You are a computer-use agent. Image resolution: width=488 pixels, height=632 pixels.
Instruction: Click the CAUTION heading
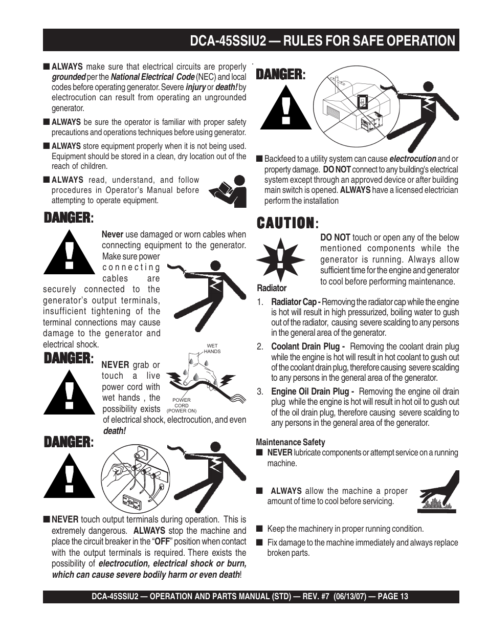pos(285,223)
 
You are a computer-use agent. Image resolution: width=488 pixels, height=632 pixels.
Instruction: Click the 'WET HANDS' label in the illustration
pos(212,349)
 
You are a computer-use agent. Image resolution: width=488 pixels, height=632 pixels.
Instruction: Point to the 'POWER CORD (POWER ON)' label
pos(182,405)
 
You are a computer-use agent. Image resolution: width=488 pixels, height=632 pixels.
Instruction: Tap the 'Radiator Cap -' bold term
pos(296,302)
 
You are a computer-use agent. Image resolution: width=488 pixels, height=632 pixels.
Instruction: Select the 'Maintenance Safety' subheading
pos(290,442)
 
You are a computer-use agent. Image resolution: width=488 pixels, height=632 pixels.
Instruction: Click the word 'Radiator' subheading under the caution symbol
pos(272,288)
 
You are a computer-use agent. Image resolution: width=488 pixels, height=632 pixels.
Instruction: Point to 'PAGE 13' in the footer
pos(393,597)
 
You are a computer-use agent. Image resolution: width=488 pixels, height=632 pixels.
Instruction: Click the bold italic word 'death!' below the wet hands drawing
pos(114,431)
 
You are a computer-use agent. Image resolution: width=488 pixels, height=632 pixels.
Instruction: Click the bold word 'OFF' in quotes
pos(162,541)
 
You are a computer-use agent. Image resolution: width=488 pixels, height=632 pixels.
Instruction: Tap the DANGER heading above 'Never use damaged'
pos(68,218)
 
